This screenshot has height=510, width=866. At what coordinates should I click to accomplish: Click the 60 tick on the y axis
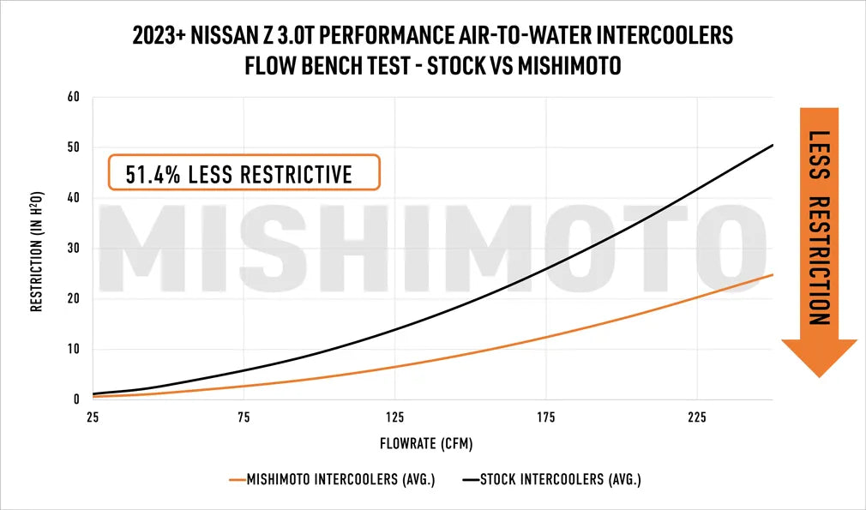pyautogui.click(x=74, y=97)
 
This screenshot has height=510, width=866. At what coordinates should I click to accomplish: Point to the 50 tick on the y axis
pyautogui.click(x=74, y=147)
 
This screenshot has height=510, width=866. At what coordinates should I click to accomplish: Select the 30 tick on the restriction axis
pyautogui.click(x=74, y=249)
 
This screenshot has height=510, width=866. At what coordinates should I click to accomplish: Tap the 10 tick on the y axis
pyautogui.click(x=74, y=349)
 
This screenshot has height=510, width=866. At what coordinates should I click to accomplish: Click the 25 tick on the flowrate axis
pyautogui.click(x=93, y=417)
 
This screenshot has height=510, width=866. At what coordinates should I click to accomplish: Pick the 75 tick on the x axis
pyautogui.click(x=244, y=417)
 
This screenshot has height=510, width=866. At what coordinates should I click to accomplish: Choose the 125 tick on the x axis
pyautogui.click(x=394, y=417)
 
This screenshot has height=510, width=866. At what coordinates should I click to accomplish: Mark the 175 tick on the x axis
pyautogui.click(x=545, y=417)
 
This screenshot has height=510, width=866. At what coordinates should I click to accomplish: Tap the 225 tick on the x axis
pyautogui.click(x=696, y=417)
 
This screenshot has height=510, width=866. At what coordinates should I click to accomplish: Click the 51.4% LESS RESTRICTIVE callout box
pyautogui.click(x=243, y=173)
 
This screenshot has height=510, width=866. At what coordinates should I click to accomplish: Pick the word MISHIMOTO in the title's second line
pyautogui.click(x=571, y=66)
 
